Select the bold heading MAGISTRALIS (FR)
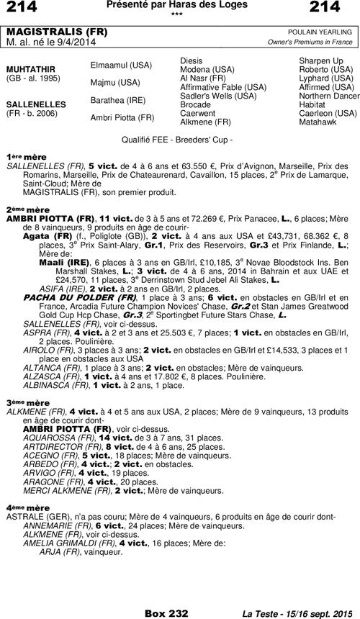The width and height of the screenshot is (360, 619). [x=48, y=33]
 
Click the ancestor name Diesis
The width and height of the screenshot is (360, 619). [x=190, y=60]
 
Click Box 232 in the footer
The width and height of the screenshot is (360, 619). [x=166, y=613]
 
